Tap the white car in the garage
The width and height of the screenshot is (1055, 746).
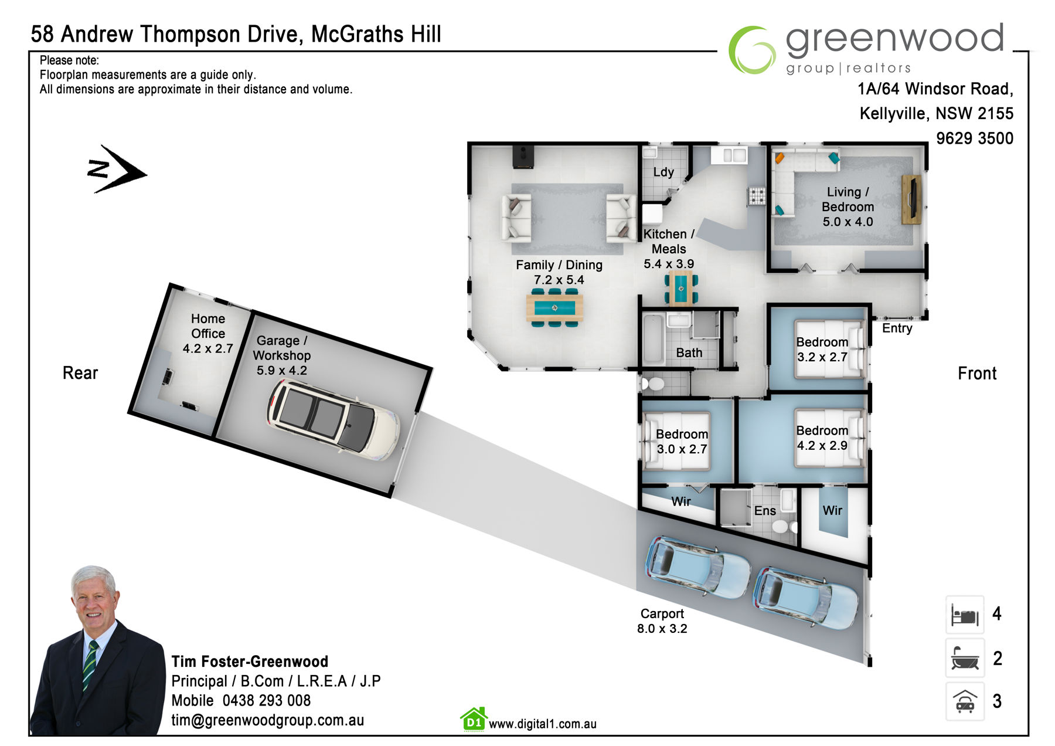333,420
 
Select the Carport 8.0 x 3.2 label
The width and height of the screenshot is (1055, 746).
662,621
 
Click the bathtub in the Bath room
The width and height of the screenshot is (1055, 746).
654,338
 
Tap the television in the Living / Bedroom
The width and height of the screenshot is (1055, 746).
911,199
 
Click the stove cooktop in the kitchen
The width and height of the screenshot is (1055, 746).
756,195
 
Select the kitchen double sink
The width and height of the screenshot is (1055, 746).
729,155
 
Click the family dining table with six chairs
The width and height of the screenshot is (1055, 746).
554,307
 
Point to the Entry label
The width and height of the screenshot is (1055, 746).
897,328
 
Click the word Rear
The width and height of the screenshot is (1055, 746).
80,373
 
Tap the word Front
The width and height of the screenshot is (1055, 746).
977,373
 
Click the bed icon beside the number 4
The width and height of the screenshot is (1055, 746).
965,615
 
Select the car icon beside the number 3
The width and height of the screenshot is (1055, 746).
965,701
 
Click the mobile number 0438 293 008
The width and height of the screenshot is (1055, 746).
267,700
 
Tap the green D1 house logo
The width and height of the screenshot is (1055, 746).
474,720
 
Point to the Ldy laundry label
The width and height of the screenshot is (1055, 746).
663,172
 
